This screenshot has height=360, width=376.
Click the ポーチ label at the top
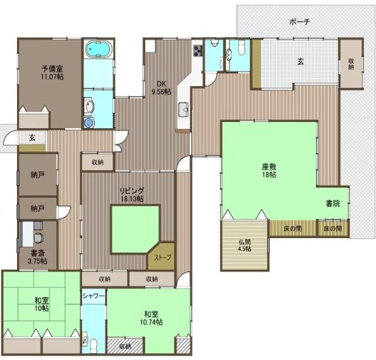(299, 21)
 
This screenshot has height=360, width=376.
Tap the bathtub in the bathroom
(98, 49)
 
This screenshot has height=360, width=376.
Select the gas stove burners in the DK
(197, 51)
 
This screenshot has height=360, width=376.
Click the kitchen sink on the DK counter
(185, 109)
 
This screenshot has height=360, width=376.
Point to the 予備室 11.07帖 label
(52, 72)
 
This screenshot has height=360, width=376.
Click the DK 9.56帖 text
(162, 86)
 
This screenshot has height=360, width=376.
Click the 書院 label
(333, 203)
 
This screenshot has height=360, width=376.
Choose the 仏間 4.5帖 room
(245, 244)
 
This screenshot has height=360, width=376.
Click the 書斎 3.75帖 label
(38, 260)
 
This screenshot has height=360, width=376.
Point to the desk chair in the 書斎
(40, 238)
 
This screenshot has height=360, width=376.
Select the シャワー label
(94, 296)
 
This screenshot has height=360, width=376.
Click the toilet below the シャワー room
(94, 345)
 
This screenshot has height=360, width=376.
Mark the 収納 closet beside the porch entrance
(351, 64)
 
